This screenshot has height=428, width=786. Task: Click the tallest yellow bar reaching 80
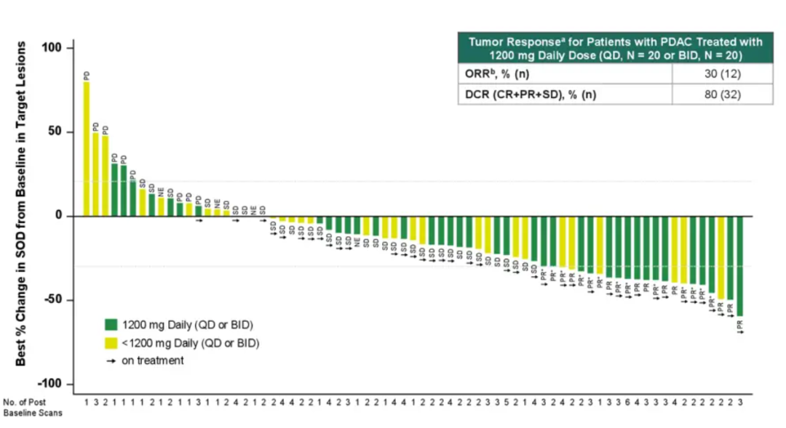click(x=86, y=149)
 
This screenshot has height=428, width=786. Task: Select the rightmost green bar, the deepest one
click(x=739, y=265)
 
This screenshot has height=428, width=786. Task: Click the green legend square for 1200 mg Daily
click(x=111, y=324)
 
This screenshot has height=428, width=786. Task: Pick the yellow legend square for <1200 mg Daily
click(x=111, y=342)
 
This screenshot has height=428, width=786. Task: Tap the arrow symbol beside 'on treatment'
click(x=111, y=360)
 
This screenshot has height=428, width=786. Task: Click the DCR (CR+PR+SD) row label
click(x=531, y=94)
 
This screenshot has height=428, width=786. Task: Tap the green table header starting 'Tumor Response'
click(x=615, y=48)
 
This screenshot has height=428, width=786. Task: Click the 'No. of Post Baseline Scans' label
click(x=32, y=408)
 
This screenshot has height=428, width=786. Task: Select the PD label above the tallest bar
click(x=86, y=76)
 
